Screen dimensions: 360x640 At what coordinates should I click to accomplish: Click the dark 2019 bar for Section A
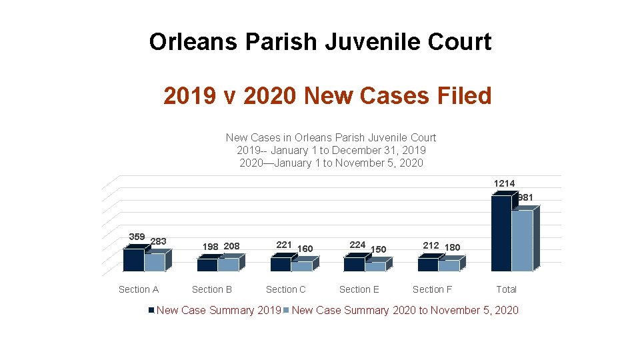coord(133,260)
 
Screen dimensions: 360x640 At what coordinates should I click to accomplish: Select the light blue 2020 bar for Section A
coord(154,262)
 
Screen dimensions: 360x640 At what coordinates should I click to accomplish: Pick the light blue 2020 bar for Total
coord(522,241)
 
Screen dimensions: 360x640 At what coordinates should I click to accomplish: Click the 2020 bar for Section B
coord(227,265)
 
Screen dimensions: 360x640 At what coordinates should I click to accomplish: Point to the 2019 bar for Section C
coord(280,265)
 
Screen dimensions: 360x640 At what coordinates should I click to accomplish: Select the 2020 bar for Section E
coord(375,267)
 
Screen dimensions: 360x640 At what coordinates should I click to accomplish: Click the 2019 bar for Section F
coord(427,265)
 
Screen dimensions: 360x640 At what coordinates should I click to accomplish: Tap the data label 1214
coord(504,183)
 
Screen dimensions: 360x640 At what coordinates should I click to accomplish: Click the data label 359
coord(137,237)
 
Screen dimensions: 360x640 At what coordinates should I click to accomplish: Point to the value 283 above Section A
coord(159,241)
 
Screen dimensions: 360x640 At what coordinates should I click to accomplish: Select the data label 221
coord(284,245)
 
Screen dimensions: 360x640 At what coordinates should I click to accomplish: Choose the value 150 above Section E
coord(378,249)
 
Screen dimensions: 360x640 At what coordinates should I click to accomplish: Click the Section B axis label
coord(212,289)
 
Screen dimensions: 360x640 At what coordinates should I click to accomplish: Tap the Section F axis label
coord(432,289)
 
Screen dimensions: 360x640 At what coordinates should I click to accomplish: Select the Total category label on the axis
coord(506,289)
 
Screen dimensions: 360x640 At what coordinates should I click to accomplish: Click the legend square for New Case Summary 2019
coord(151,311)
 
